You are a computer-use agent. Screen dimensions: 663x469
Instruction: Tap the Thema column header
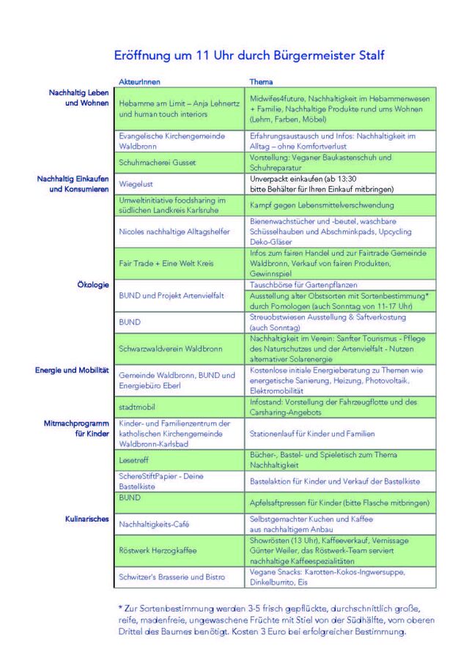coord(261,82)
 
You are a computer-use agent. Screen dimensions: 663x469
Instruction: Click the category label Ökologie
coord(93,284)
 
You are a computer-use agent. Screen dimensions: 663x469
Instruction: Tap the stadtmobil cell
coord(135,407)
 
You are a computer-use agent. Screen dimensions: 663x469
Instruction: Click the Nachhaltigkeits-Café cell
coord(153,524)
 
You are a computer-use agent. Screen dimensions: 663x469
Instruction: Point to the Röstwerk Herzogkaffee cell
coord(157,550)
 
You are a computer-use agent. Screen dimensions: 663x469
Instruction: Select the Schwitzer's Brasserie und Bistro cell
coord(171,577)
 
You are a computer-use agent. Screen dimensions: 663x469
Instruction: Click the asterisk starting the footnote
coord(120,607)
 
